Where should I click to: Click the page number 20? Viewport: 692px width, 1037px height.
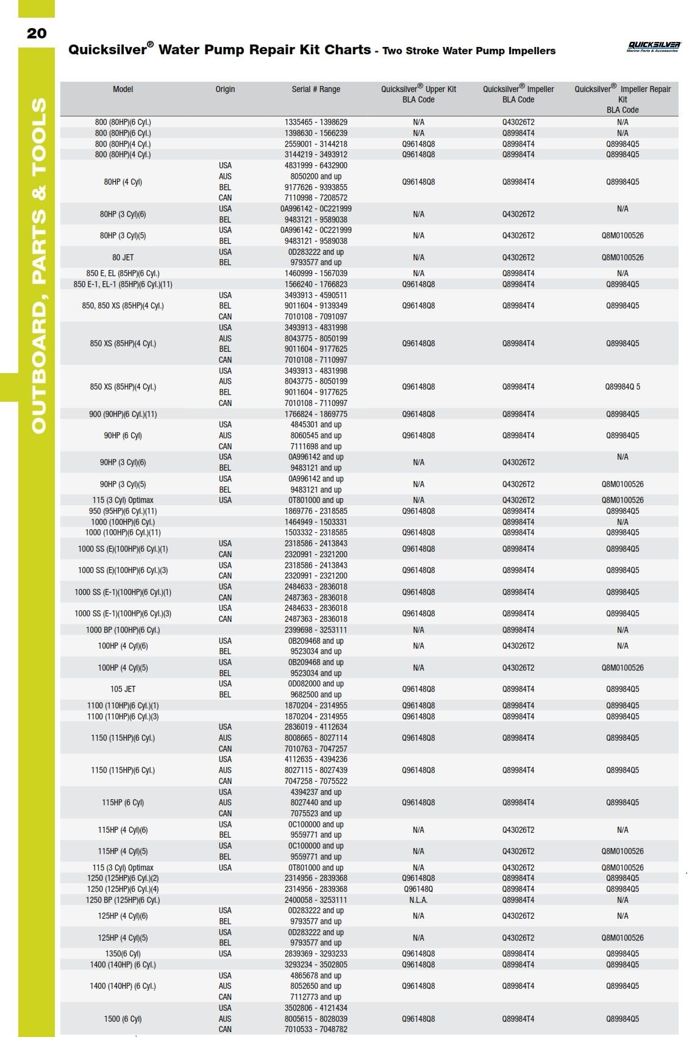click(37, 34)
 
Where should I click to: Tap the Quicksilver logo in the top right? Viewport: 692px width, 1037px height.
click(654, 46)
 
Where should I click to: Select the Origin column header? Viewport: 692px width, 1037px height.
click(225, 89)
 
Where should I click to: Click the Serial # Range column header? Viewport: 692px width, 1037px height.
click(316, 89)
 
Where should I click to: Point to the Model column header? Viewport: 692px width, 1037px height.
click(123, 89)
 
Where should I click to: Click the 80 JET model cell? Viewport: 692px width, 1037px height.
click(123, 257)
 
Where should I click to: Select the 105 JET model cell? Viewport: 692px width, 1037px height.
click(123, 689)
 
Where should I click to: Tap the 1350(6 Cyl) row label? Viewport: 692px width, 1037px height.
click(123, 953)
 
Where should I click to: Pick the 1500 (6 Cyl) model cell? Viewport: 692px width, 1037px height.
click(123, 1019)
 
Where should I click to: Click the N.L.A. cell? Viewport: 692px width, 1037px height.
click(418, 900)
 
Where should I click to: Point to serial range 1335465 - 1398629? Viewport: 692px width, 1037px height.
click(316, 122)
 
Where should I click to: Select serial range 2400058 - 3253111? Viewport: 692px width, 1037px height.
click(316, 900)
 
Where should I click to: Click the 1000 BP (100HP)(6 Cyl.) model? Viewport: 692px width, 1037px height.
click(123, 630)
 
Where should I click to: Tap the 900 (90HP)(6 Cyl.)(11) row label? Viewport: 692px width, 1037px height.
click(123, 414)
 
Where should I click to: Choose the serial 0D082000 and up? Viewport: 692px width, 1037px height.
click(316, 683)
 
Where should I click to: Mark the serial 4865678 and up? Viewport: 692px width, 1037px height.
click(316, 975)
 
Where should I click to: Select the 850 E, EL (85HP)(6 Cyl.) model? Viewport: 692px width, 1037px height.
click(123, 273)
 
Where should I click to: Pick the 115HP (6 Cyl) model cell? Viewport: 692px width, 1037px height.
click(123, 802)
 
